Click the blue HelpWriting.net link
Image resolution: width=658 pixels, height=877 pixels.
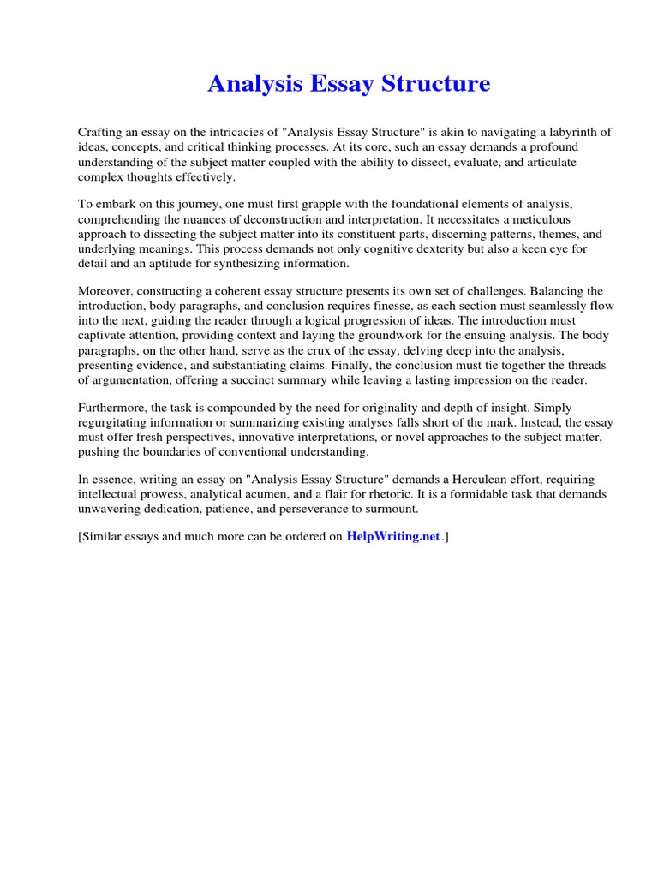[393, 537]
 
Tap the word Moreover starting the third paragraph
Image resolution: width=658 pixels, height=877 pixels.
[105, 292]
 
